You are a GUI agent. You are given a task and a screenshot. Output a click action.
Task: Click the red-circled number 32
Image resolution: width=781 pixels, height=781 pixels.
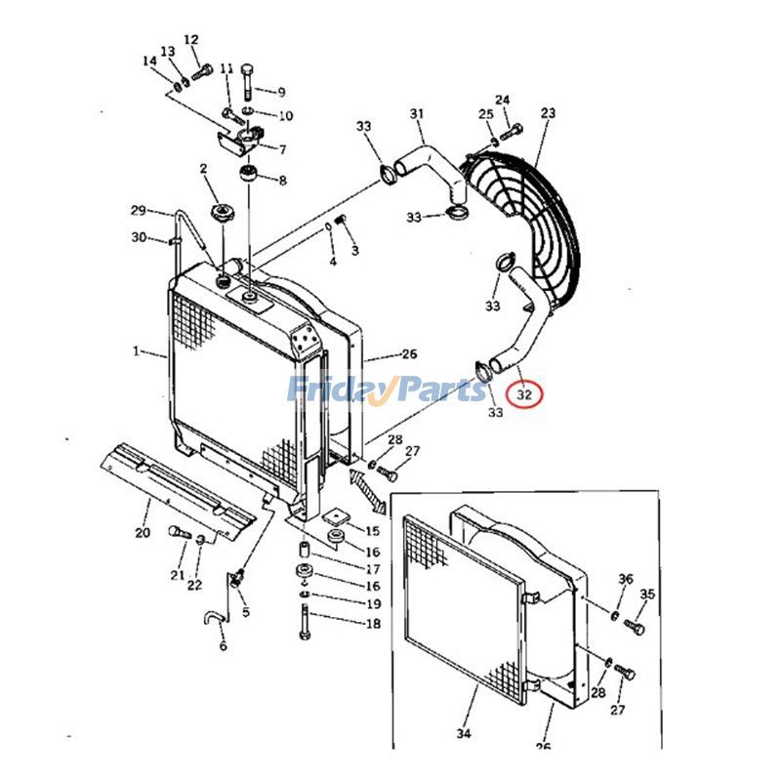[x=526, y=395]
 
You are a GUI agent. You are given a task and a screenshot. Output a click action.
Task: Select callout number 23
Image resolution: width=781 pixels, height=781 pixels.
[x=547, y=113]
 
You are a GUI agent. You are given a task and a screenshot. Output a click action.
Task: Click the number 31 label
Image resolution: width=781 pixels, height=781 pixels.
[x=417, y=114]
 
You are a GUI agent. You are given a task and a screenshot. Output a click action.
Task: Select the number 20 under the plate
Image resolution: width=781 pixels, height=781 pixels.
[x=143, y=532]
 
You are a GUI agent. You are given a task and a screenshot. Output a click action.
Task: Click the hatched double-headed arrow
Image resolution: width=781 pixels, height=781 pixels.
[x=362, y=487]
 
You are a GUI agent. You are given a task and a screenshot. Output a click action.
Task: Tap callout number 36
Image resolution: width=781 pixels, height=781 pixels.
[x=625, y=580]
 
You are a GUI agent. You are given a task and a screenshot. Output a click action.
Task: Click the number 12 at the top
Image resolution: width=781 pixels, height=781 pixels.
[x=190, y=40]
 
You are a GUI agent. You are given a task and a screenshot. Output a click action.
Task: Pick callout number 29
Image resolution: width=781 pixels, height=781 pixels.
[x=138, y=211]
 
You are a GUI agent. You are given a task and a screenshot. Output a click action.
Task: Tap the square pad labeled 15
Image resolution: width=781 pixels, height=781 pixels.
[x=338, y=515]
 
